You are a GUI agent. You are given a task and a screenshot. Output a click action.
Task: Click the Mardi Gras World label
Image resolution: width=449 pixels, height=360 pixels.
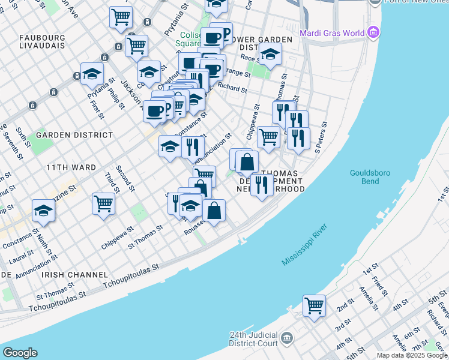click(x=332, y=33)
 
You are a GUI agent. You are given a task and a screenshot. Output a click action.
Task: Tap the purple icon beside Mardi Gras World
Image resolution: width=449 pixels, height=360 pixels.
click(x=375, y=32)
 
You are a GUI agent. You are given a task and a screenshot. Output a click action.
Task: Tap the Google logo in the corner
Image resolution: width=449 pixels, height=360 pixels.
click(x=20, y=353)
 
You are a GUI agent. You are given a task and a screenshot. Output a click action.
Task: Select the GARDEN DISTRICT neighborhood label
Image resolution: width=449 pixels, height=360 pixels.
click(x=74, y=135)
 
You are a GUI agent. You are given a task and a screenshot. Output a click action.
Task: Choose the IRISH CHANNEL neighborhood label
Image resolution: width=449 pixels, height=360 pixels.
click(x=66, y=274)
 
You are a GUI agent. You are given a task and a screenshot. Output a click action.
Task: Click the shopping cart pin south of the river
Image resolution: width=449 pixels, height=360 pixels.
click(x=314, y=305)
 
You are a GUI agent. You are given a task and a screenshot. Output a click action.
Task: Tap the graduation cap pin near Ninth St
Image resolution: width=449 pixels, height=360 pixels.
click(x=44, y=210)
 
